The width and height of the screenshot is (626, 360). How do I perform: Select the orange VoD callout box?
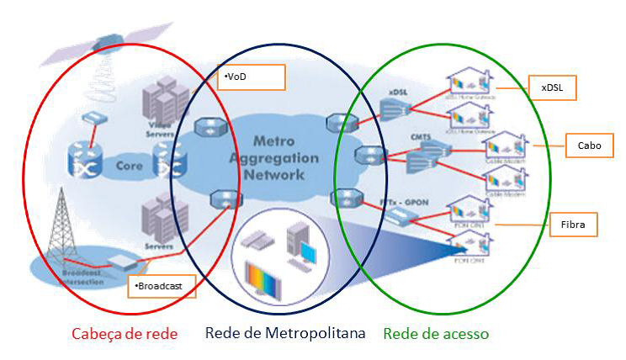coord(251,77)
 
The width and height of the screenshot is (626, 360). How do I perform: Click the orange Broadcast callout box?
coord(162,285)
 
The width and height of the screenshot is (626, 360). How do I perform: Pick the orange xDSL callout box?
coord(552,87)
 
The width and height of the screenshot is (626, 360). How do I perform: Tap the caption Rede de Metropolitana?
coord(285,333)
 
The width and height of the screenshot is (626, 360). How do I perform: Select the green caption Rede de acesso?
coord(436,334)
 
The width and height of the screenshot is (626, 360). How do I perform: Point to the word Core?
coord(129,166)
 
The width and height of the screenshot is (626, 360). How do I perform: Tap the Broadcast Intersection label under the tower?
coord(85,278)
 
